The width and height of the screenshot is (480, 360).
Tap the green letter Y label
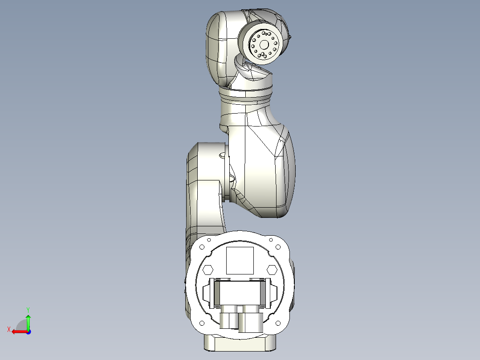[28, 309]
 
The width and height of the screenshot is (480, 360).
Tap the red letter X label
[8, 330]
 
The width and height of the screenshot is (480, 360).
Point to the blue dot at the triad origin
[28, 331]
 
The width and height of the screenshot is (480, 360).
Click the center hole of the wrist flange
[264, 44]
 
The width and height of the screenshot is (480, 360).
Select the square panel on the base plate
[240, 261]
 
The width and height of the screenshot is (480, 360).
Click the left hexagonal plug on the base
[207, 270]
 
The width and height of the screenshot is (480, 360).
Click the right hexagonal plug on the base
[272, 270]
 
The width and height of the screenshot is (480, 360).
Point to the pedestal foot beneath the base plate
[240, 344]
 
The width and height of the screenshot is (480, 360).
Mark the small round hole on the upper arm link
[223, 156]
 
